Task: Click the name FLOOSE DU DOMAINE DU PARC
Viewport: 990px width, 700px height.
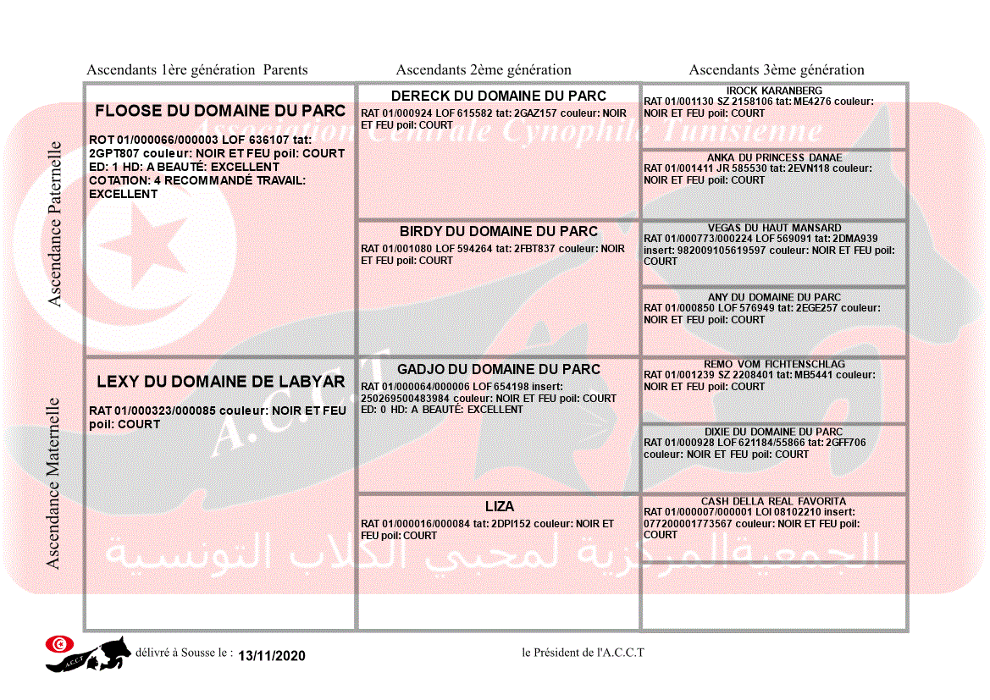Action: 220,111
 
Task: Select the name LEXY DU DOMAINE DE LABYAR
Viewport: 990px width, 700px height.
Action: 220,382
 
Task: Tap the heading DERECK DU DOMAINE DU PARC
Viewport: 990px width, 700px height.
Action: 499,96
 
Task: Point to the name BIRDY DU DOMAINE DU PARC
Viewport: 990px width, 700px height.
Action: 499,231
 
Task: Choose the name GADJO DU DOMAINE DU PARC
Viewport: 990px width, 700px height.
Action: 499,369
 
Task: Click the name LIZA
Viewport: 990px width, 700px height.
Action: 500,506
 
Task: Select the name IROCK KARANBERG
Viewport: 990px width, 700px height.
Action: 774,91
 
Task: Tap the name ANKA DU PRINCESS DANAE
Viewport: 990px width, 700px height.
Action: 774,157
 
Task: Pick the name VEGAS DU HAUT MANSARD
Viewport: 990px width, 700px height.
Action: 774,228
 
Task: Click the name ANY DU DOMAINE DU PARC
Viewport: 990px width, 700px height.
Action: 774,297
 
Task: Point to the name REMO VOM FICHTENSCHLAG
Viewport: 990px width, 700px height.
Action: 774,364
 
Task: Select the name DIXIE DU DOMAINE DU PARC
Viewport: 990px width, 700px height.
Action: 774,432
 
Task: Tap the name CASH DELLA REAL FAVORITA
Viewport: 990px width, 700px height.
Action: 774,501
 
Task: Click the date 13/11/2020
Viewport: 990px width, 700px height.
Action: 271,656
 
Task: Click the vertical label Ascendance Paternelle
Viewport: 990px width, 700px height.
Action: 55,223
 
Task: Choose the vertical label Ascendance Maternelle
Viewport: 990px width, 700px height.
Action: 53,483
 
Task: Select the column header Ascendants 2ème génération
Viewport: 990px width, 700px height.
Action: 484,70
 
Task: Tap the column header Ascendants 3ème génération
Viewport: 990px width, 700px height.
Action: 777,70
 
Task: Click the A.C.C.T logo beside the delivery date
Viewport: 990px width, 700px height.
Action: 88,653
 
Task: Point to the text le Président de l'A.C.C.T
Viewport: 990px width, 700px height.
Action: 583,652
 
